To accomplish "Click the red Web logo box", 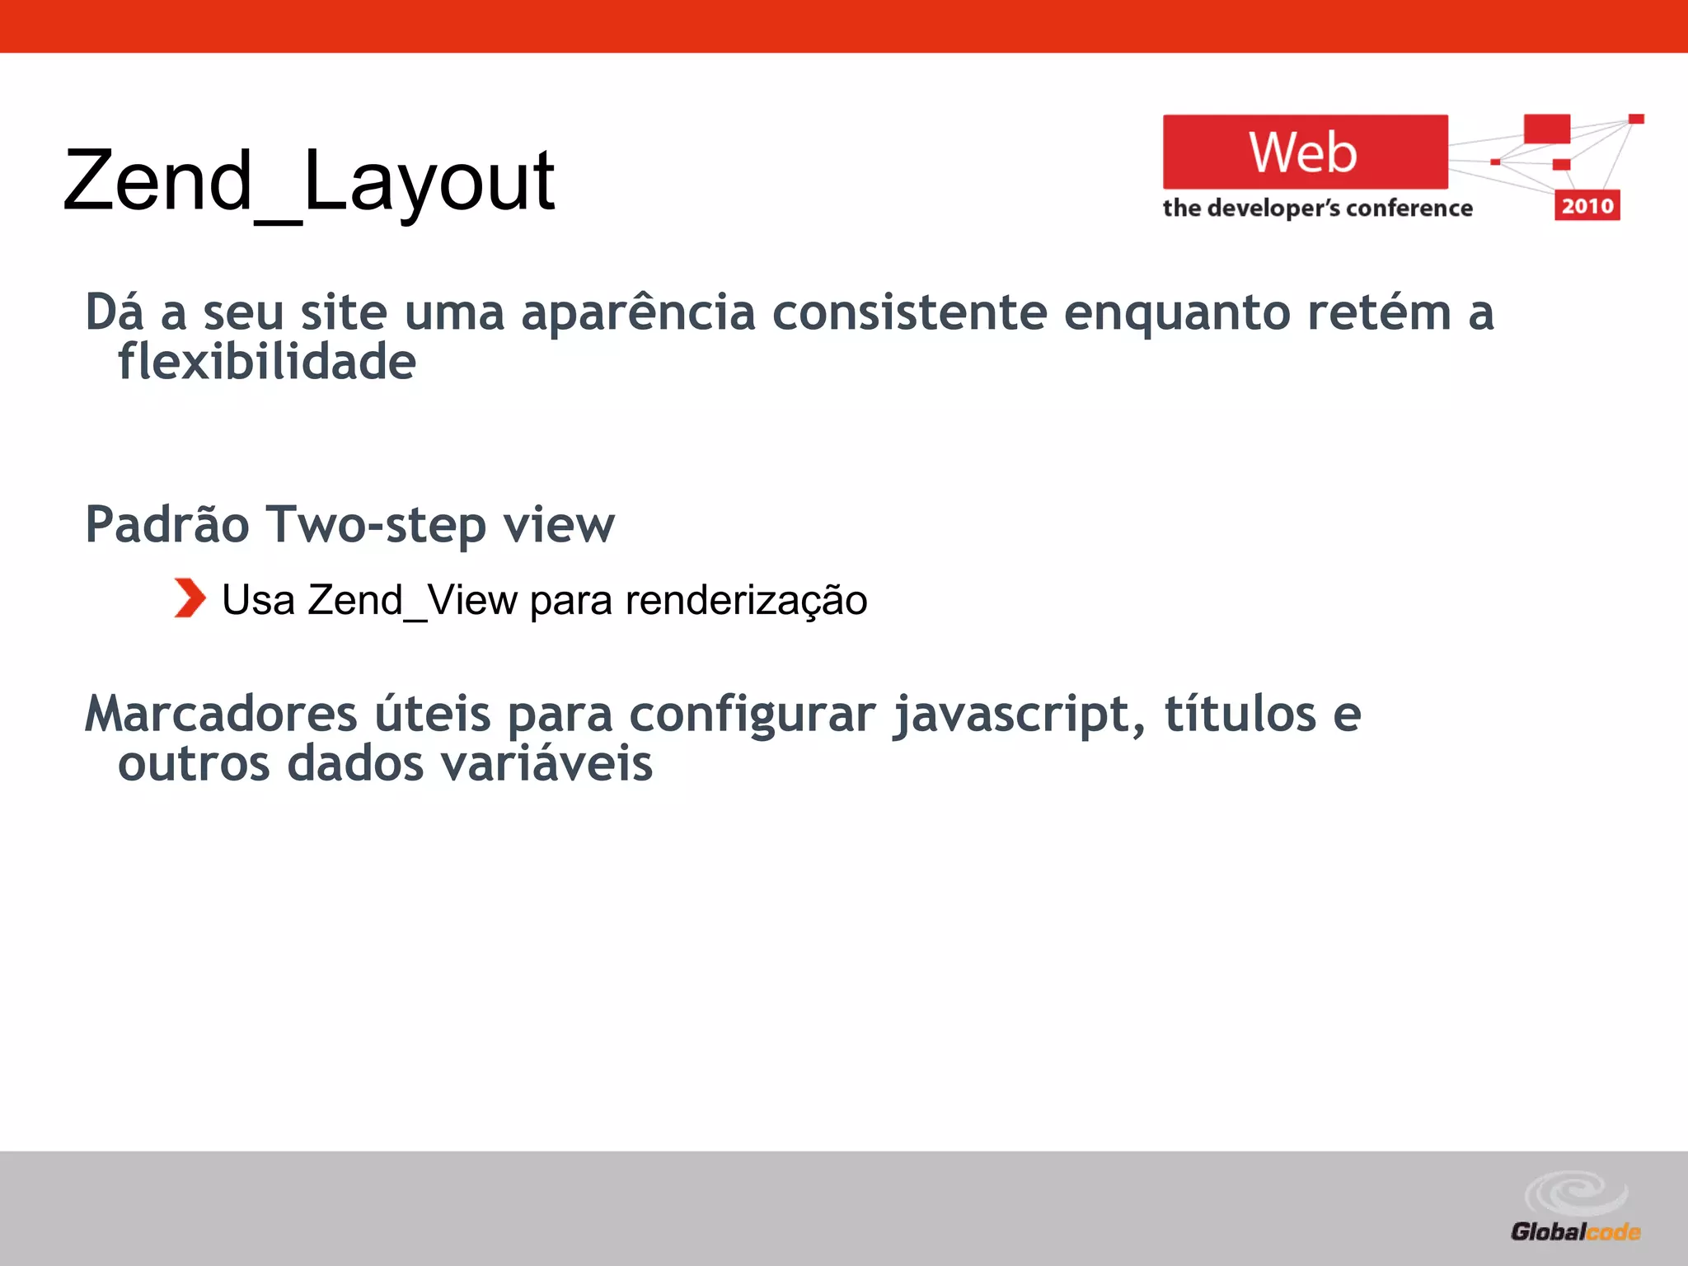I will [x=1305, y=152].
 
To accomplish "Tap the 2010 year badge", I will [x=1587, y=205].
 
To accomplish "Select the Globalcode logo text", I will [x=1574, y=1232].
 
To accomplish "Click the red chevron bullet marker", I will [x=190, y=598].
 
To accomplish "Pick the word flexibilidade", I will [x=267, y=363].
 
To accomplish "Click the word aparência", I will [x=638, y=313].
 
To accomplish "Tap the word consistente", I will [x=909, y=313].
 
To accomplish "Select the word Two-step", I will [x=376, y=525].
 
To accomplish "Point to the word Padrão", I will [x=167, y=525].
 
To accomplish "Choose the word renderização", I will [x=746, y=600].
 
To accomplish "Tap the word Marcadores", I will [x=221, y=714].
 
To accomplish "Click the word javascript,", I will [x=1020, y=715].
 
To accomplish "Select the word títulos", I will [x=1240, y=714].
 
